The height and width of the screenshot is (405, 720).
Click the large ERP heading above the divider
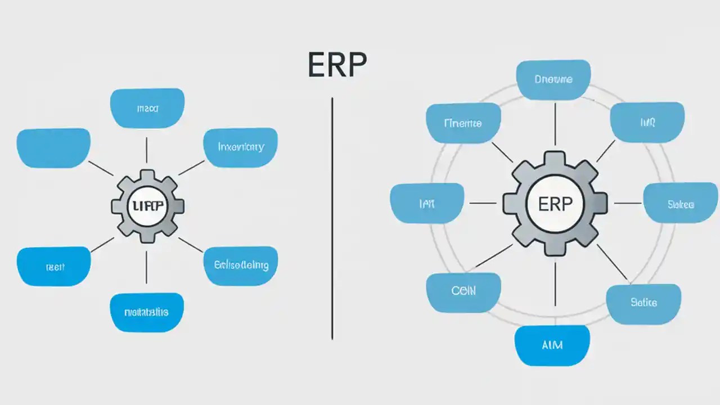pyautogui.click(x=337, y=65)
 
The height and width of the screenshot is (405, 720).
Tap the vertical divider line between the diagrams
pyautogui.click(x=332, y=219)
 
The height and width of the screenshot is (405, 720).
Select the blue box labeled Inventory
pyautogui.click(x=240, y=147)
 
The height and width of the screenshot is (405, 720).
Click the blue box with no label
pyautogui.click(x=53, y=148)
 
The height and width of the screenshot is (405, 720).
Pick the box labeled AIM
pyautogui.click(x=552, y=345)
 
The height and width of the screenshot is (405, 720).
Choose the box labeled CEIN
pyautogui.click(x=463, y=291)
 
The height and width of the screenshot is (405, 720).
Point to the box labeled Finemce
pyautogui.click(x=463, y=123)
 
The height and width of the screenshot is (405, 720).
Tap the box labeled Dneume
pyautogui.click(x=553, y=80)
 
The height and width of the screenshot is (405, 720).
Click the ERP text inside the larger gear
pyautogui.click(x=555, y=203)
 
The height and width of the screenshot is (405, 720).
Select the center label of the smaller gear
pyautogui.click(x=147, y=206)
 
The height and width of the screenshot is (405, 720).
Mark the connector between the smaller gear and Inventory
pyautogui.click(x=191, y=168)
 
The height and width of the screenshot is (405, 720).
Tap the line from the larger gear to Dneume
pyautogui.click(x=555, y=124)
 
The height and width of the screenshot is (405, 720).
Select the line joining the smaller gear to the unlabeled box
pyautogui.click(x=101, y=168)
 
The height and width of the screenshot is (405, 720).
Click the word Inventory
pyautogui.click(x=240, y=147)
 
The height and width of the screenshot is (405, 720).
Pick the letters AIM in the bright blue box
pyautogui.click(x=552, y=344)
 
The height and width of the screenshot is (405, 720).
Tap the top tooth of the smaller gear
pyautogui.click(x=147, y=175)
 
